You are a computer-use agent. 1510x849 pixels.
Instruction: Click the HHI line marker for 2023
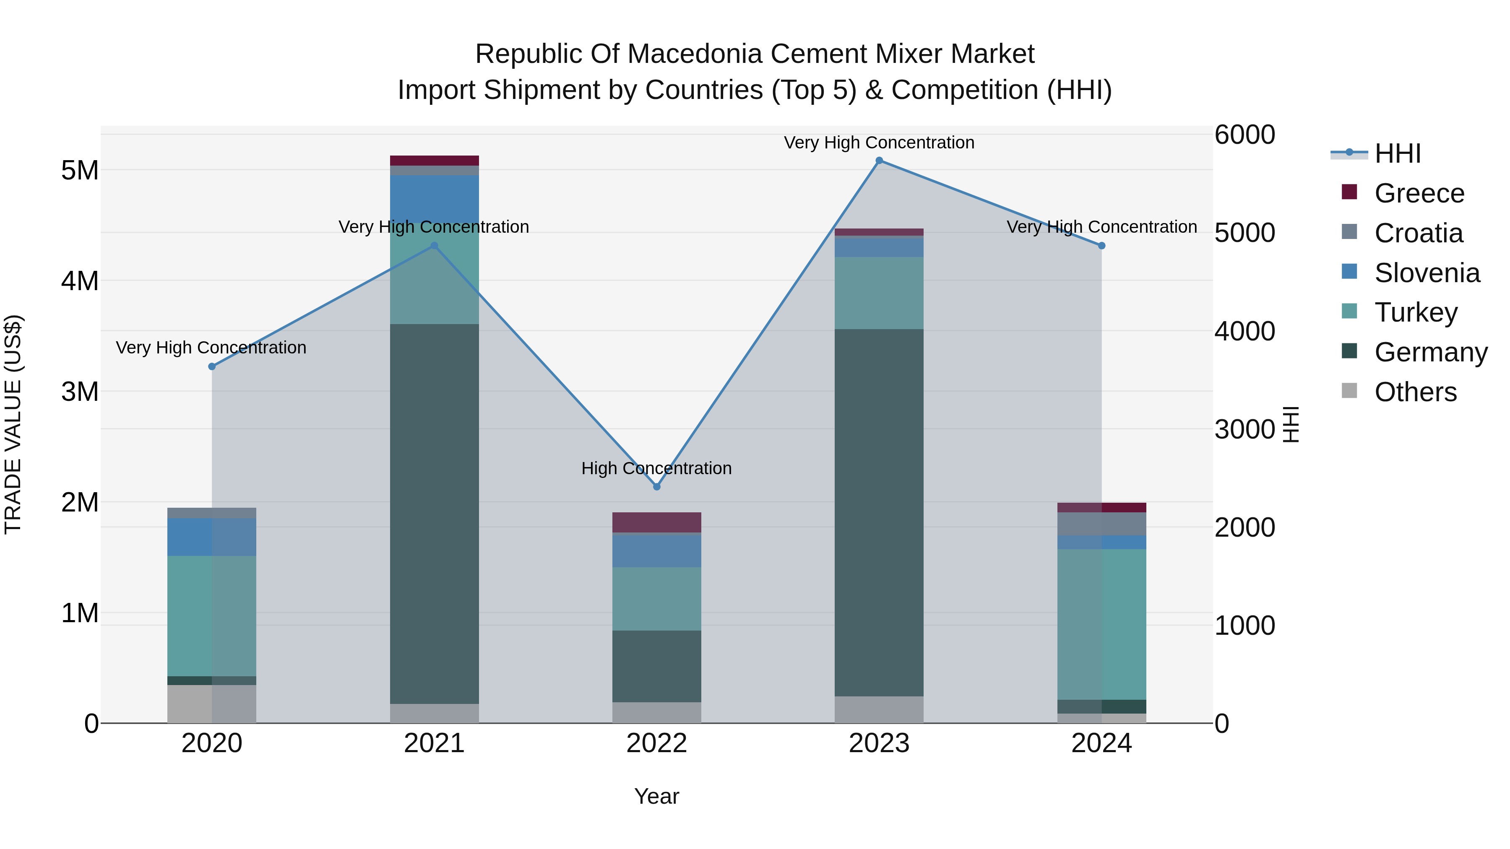point(879,161)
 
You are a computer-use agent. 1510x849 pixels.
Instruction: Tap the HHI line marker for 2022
point(656,487)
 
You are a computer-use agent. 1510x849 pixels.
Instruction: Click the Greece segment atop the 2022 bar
point(656,522)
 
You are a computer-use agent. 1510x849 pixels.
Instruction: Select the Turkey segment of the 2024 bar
point(1101,624)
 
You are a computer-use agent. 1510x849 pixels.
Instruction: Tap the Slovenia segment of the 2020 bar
point(212,537)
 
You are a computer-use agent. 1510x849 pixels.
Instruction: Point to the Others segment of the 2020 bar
point(212,704)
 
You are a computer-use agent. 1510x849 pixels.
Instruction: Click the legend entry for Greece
point(1419,193)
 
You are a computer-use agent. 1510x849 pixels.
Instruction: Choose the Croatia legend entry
point(1418,233)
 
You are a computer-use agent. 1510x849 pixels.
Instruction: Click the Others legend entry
point(1415,392)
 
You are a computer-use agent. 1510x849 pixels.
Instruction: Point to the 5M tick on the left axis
point(80,171)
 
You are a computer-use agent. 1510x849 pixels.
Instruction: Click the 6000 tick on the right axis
point(1244,135)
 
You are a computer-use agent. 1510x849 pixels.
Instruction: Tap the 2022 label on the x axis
point(656,743)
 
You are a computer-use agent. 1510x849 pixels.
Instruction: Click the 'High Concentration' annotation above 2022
point(656,468)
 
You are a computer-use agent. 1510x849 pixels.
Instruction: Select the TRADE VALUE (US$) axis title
point(13,424)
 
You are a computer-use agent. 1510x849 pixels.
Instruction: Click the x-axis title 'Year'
point(656,796)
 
